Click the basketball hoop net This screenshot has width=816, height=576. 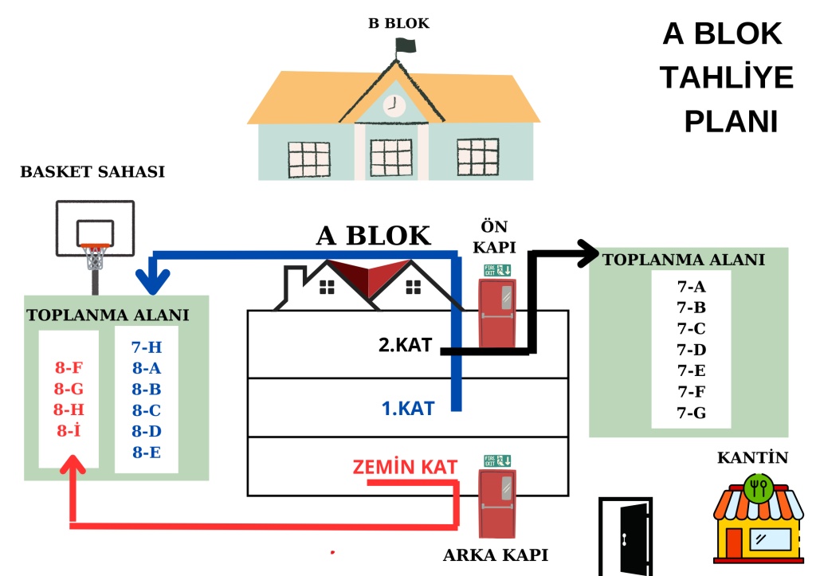[96, 257]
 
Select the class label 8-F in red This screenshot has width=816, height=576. [69, 368]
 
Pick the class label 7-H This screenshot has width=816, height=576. [147, 347]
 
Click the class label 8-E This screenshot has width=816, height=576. [147, 453]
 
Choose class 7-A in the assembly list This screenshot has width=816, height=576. [691, 287]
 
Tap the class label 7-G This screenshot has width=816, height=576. [691, 413]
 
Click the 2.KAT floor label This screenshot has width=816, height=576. [405, 346]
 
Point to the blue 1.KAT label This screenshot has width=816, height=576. [408, 409]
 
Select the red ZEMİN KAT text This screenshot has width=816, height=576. [405, 467]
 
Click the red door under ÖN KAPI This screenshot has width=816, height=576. [499, 312]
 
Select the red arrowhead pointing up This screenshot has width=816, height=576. [74, 465]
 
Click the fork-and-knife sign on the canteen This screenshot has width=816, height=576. [758, 487]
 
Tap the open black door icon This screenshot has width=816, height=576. [626, 536]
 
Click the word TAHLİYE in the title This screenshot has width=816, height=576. [726, 78]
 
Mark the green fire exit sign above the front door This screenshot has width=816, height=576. [497, 269]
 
